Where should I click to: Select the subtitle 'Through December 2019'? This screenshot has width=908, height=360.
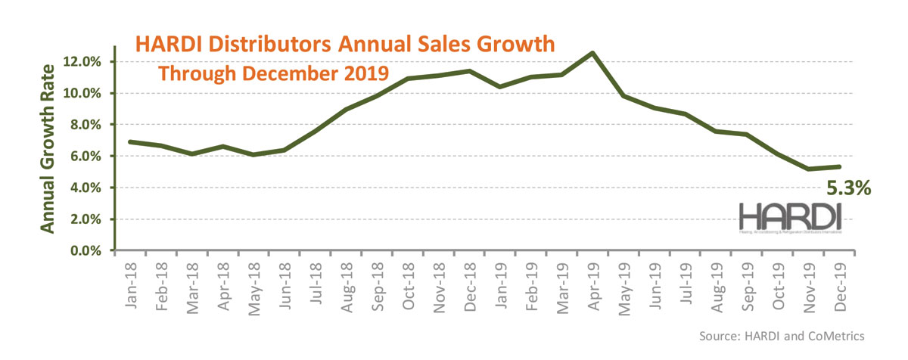(272, 74)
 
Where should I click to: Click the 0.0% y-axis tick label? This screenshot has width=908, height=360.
(87, 250)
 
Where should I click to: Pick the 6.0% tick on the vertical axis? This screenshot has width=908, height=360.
(87, 157)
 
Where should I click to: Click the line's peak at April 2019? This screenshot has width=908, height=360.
(592, 53)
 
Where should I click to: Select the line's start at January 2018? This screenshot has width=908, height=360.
(130, 141)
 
